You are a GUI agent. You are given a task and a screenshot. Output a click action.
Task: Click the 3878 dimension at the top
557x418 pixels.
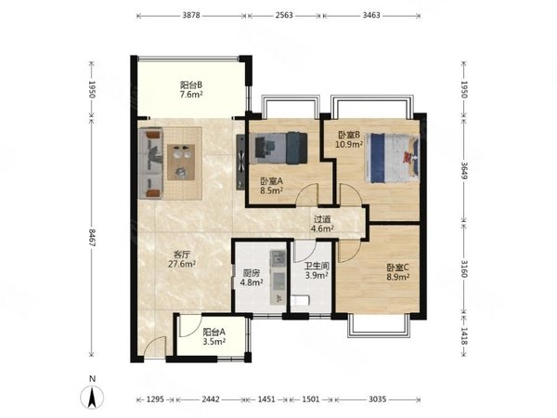coord(191,15)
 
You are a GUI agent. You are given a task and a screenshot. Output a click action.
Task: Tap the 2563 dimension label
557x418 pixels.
coord(284,15)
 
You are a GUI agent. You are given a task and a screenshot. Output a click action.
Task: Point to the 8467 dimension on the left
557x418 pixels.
coord(92,238)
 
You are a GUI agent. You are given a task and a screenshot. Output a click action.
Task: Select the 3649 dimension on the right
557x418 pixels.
coord(464,171)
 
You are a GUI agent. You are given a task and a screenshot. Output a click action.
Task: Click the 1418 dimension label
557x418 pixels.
coord(464,336)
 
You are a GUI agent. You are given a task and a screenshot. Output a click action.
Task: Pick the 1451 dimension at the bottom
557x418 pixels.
coord(266,399)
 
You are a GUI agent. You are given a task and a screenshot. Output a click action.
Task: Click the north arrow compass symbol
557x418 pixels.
coord(92,397)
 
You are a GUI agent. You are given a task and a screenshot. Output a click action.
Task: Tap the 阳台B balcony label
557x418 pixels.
coord(191,85)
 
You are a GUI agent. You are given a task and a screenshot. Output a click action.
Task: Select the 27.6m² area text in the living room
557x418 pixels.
coord(182,264)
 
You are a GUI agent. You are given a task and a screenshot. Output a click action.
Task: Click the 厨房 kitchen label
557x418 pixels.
coord(252,273)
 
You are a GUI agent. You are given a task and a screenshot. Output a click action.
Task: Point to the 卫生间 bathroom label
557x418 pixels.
coord(317,266)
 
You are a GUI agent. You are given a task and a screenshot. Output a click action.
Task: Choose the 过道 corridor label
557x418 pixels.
coord(322,219)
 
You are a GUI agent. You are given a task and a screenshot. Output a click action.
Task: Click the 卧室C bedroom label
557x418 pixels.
coord(398,268)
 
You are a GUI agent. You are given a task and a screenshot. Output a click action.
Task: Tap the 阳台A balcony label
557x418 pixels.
coord(214,332)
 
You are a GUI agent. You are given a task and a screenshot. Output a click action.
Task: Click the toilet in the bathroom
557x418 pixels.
coord(300,301)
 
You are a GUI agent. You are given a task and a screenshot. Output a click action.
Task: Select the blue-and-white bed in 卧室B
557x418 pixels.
coord(393,158)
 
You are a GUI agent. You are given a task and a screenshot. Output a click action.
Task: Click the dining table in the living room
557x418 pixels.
coord(181,162)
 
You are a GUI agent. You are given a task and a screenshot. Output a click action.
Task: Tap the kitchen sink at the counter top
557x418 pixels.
coord(278,257)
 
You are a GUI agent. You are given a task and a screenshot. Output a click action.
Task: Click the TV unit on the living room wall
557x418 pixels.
coord(240,162)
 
